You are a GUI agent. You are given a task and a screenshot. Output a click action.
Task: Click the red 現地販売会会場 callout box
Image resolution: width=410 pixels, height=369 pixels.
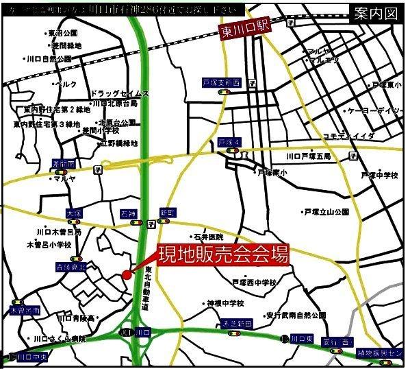pyautogui.click(x=223, y=255)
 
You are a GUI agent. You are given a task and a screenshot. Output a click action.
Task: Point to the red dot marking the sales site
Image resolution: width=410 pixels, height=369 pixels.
pyautogui.click(x=127, y=275)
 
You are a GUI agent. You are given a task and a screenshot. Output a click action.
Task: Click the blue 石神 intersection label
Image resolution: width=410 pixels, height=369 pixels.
pyautogui.click(x=129, y=213)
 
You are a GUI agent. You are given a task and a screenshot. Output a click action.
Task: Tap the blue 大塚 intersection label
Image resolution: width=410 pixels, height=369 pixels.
pyautogui.click(x=74, y=214)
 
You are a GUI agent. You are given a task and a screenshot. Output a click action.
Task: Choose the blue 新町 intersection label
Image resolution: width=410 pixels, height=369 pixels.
pyautogui.click(x=168, y=213)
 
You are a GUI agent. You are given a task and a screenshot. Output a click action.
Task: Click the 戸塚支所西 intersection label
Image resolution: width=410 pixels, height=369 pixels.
pyautogui.click(x=222, y=82)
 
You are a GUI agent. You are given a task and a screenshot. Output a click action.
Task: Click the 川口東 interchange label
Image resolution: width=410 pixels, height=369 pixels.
pyautogui.click(x=301, y=338)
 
